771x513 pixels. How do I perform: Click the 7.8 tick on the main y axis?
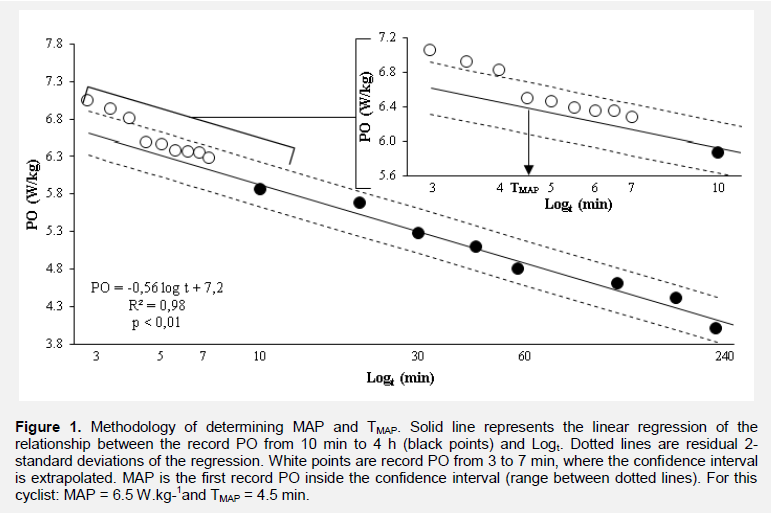point(53,44)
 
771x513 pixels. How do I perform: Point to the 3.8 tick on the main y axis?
point(53,344)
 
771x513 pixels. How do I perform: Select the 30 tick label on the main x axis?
point(418,357)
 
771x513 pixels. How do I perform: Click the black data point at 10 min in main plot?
point(260,189)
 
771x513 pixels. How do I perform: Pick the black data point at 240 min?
point(715,328)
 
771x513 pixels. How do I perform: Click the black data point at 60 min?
point(518,268)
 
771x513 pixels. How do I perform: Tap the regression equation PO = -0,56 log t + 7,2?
point(157,286)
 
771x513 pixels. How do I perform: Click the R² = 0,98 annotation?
point(156,304)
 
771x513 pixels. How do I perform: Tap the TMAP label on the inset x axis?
point(524,188)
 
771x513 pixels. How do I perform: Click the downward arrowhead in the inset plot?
point(528,169)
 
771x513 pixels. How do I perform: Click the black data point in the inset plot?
point(717,152)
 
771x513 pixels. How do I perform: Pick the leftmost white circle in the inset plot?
point(430,50)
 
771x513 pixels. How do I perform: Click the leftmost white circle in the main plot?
point(87,100)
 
